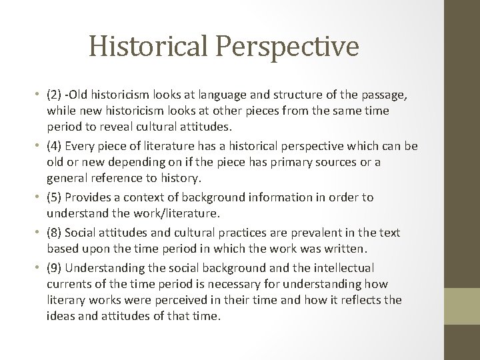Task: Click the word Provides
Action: coord(89,197)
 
